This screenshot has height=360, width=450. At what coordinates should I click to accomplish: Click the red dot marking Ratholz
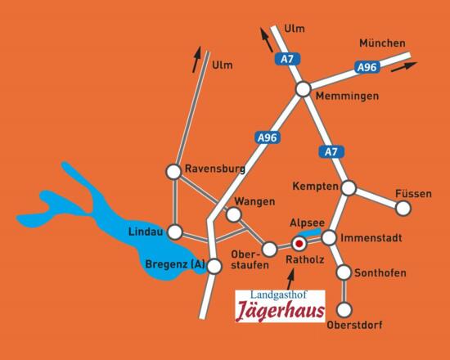coord(299,243)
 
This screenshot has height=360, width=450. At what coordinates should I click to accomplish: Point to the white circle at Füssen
coord(403,209)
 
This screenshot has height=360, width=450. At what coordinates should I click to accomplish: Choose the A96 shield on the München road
coord(366,68)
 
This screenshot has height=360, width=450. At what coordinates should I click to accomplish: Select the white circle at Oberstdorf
coord(344,309)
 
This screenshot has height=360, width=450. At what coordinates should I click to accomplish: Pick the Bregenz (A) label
coord(173,264)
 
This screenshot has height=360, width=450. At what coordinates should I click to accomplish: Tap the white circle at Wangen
coord(233,214)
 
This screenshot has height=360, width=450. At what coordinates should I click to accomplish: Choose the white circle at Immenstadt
coord(329,237)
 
